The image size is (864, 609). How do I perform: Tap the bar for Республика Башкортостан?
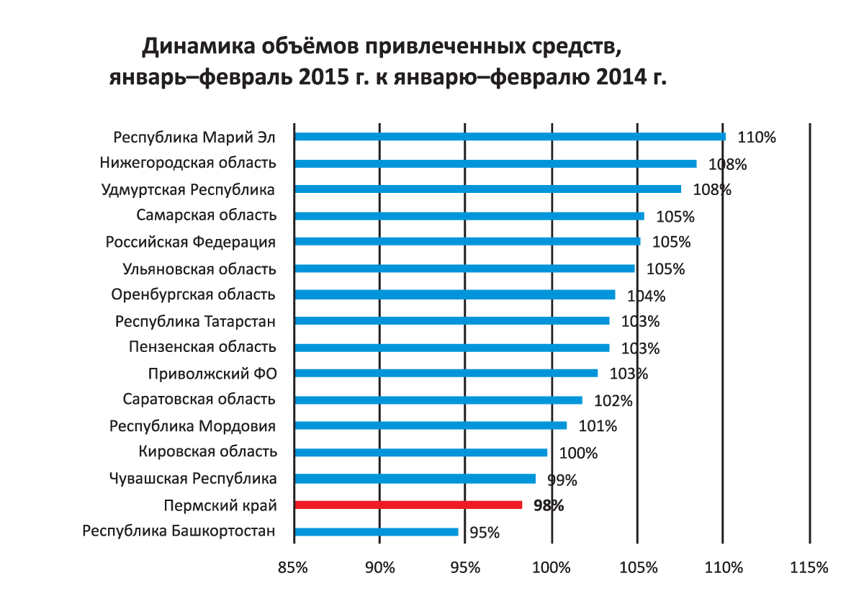point(376,532)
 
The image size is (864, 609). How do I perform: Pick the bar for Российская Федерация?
point(467,242)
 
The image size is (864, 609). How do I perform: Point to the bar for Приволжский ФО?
point(446,374)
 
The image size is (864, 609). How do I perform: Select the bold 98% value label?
point(549,506)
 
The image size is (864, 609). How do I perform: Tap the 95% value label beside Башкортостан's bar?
point(485,533)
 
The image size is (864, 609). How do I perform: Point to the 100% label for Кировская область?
point(578,454)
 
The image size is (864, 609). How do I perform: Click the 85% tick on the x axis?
point(293,567)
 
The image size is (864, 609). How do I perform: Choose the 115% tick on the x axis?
point(809,567)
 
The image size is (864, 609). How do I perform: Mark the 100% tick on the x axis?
point(552,567)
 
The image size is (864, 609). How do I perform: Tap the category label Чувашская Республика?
point(193,479)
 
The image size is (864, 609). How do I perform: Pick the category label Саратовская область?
point(199,400)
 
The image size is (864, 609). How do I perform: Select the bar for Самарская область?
point(469,216)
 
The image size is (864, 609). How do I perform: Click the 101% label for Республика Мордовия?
point(598,426)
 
